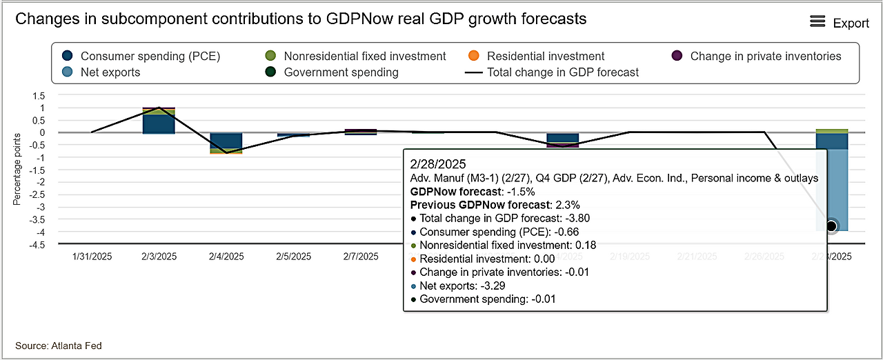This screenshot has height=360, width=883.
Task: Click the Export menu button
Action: [x=839, y=23]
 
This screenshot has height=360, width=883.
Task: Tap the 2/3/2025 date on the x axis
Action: [x=159, y=257]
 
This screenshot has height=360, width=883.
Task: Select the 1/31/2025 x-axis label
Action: [x=92, y=257]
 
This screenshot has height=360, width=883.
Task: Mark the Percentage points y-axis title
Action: [x=17, y=170]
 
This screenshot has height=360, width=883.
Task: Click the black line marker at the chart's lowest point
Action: [x=831, y=226]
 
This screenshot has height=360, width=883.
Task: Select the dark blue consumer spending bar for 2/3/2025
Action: [x=158, y=123]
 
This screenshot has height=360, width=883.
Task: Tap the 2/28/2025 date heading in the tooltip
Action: [x=438, y=164]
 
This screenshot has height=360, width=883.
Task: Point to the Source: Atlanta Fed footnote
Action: [x=58, y=346]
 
